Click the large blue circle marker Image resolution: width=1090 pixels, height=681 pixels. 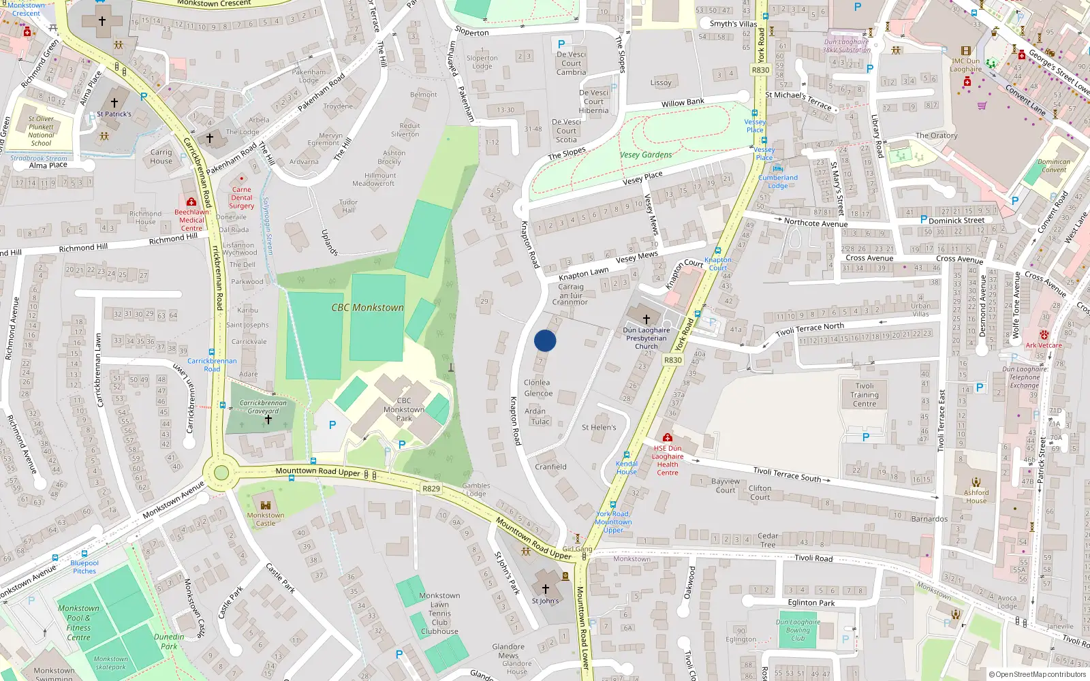click(x=545, y=340)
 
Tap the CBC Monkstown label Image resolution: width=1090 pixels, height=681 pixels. click(x=367, y=308)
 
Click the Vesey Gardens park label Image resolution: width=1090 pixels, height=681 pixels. click(x=646, y=155)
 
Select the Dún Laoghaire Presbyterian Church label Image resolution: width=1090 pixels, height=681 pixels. click(x=647, y=338)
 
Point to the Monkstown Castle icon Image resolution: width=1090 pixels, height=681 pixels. click(x=266, y=505)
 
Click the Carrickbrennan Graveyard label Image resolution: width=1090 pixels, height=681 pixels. click(x=263, y=407)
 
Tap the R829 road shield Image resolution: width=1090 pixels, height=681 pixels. click(x=431, y=488)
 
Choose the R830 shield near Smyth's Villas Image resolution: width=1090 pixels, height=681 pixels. click(x=760, y=70)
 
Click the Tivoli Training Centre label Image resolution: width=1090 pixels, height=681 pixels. click(x=865, y=395)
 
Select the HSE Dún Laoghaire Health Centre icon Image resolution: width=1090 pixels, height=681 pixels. click(x=668, y=437)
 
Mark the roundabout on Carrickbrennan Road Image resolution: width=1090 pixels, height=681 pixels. click(x=221, y=473)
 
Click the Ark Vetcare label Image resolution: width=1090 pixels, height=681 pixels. click(x=1044, y=345)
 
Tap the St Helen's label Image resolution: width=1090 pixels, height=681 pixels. click(x=599, y=428)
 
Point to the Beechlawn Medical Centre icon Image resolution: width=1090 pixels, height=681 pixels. click(x=191, y=202)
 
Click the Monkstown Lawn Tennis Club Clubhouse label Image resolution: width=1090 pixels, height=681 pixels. click(x=439, y=614)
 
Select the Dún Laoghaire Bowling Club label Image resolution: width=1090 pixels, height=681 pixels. click(x=798, y=630)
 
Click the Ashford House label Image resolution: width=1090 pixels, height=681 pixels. click(x=976, y=496)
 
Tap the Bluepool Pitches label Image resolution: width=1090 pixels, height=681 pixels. click(x=84, y=567)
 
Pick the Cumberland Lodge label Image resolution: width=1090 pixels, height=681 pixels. click(x=778, y=181)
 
